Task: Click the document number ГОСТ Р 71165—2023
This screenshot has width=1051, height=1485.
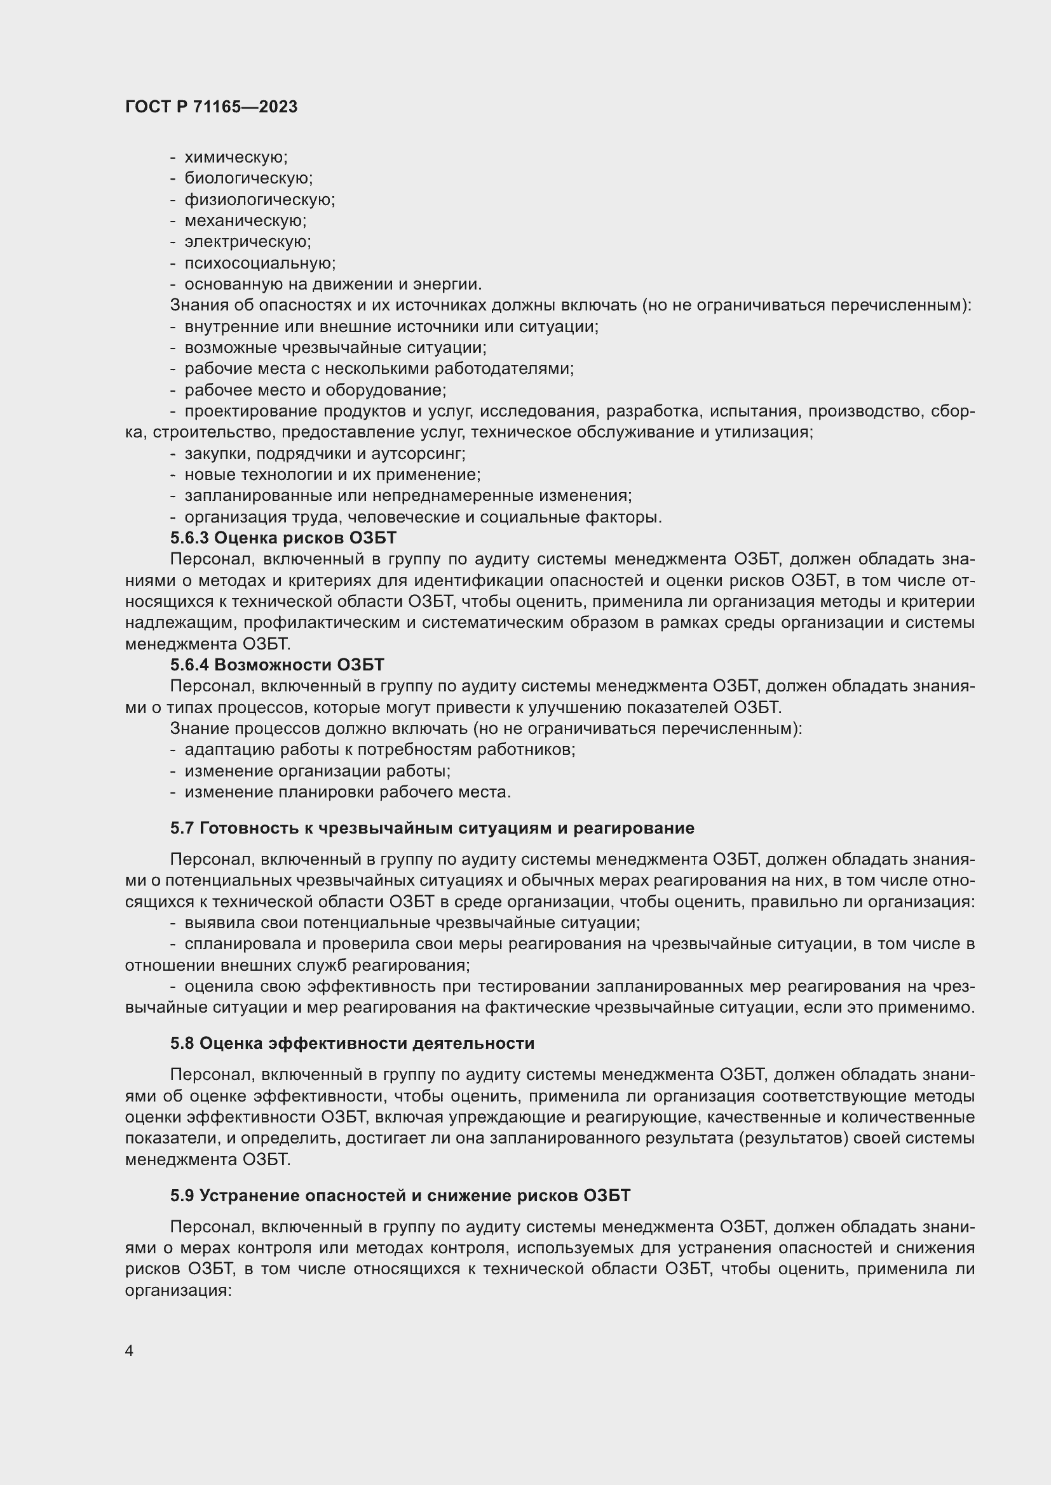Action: (x=211, y=107)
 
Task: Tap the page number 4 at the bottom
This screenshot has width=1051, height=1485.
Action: (x=130, y=1351)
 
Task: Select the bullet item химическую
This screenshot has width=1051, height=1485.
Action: (x=236, y=157)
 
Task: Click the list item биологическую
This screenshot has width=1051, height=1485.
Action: (x=248, y=178)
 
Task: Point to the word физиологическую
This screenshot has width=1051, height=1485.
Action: (x=259, y=200)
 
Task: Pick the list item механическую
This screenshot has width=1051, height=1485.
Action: (x=245, y=221)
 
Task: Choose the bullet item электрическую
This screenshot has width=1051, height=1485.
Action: (x=248, y=242)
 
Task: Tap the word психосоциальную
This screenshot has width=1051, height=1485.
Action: (x=259, y=263)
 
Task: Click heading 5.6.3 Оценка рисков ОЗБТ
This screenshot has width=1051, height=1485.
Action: (x=283, y=538)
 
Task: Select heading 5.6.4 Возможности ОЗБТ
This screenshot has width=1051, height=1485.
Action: (x=277, y=665)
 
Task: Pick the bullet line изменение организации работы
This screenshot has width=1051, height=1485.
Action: (x=317, y=771)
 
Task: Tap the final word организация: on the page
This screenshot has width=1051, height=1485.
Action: (x=178, y=1291)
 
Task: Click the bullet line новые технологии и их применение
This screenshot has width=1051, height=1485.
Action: (x=332, y=475)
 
